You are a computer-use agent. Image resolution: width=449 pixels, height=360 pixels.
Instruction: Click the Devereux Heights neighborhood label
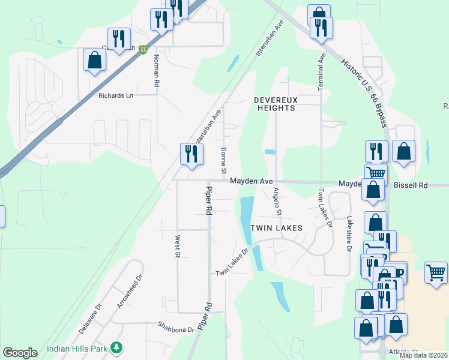pyautogui.click(x=276, y=104)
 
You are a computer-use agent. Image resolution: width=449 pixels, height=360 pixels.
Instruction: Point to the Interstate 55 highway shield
pyautogui.click(x=143, y=50)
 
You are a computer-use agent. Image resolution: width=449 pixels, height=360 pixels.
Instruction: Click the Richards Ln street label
pyautogui.click(x=116, y=95)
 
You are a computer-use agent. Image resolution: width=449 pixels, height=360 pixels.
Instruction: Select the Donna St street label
pyautogui.click(x=223, y=158)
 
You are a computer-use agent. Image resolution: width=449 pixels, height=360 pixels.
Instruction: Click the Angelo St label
pyautogui.click(x=277, y=201)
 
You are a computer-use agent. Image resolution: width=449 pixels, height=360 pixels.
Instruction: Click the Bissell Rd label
pyautogui.click(x=410, y=186)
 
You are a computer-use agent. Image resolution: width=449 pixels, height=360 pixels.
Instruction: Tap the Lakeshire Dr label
pyautogui.click(x=348, y=234)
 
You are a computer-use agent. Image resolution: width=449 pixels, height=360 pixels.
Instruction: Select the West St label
pyautogui.click(x=178, y=247)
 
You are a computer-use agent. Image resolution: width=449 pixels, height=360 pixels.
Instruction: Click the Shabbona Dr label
pyautogui.click(x=176, y=329)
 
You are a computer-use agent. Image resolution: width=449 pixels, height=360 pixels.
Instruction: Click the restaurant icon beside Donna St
pyautogui.click(x=191, y=154)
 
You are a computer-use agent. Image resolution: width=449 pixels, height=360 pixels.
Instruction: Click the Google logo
pyautogui.click(x=20, y=353)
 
